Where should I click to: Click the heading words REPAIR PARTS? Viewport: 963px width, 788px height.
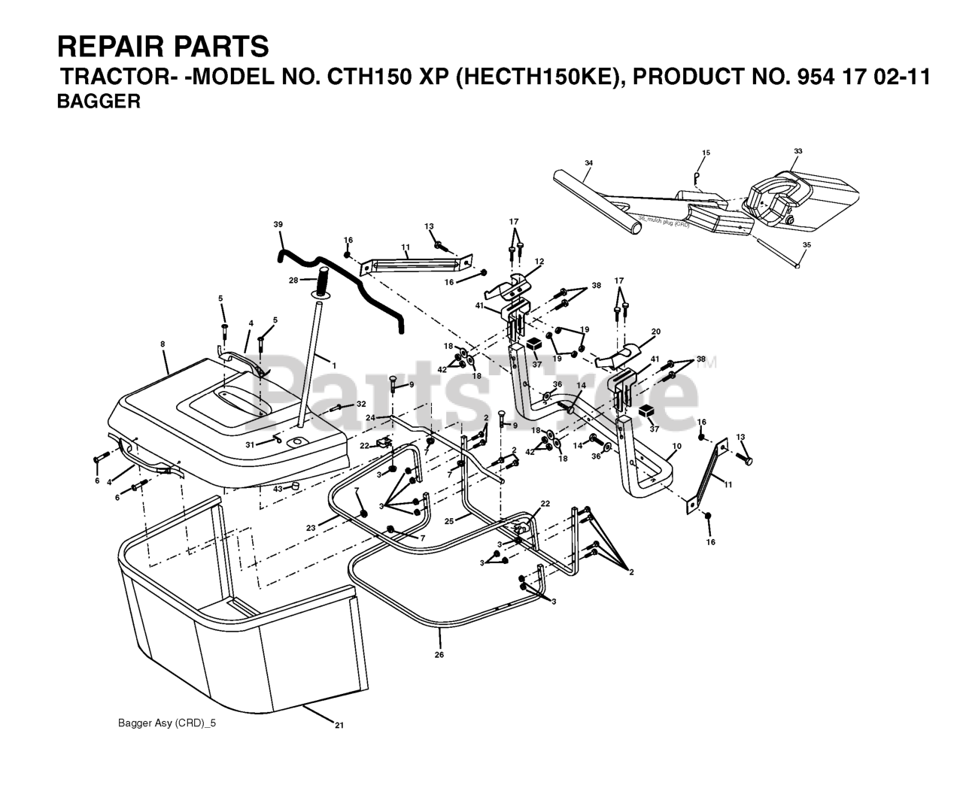point(163,47)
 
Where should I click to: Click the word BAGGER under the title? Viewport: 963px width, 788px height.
point(99,102)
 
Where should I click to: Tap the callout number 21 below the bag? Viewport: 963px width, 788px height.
point(339,725)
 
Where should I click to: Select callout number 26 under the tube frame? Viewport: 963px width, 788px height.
point(439,655)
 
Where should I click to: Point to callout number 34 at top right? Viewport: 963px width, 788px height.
point(588,163)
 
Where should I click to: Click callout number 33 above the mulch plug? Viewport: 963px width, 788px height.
point(797,151)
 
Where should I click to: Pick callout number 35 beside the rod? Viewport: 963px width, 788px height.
point(807,244)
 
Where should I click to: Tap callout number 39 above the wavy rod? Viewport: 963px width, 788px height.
point(278,225)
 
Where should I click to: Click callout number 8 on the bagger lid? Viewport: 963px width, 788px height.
point(163,345)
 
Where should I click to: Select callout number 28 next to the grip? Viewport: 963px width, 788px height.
point(294,280)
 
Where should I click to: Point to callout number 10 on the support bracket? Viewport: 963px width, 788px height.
point(676,446)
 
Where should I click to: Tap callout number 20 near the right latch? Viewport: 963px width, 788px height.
point(655,332)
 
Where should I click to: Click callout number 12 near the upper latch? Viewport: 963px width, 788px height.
point(539,261)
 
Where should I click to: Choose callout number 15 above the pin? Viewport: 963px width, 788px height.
point(706,153)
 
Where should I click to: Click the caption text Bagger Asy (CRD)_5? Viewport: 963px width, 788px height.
point(161,723)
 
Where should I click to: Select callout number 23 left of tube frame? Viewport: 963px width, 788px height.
point(310,528)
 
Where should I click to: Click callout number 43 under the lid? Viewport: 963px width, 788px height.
point(277,489)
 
